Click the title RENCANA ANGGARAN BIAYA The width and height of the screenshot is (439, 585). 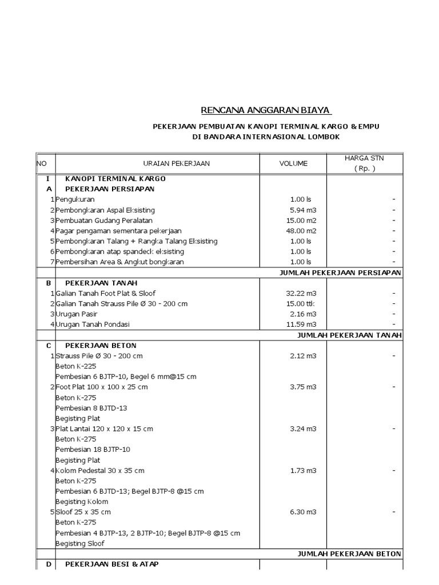tap(266, 110)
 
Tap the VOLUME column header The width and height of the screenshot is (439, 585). tap(293, 163)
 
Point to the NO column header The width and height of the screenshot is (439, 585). tap(42, 163)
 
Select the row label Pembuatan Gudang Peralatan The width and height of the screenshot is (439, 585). tap(104, 221)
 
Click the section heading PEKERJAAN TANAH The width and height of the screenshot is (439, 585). tap(101, 283)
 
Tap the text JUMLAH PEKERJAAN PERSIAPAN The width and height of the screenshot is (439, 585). tap(340, 273)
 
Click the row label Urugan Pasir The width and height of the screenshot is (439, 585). tap(77, 314)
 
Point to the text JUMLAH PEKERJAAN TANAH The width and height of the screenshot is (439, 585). tap(349, 335)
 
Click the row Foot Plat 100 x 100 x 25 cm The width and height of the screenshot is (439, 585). tap(102, 387)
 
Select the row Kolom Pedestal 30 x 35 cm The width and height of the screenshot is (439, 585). tap(100, 470)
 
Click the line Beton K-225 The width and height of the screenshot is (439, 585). tap(75, 366)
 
